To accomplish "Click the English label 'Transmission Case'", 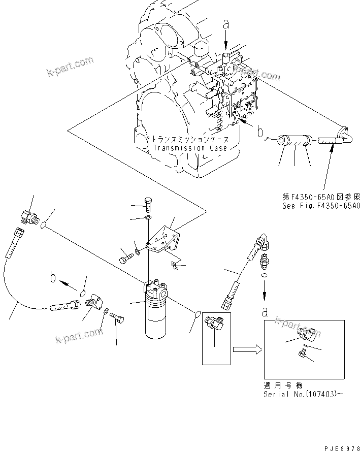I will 190,148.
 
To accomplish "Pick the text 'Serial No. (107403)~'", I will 300,394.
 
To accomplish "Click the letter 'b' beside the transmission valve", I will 260,133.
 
